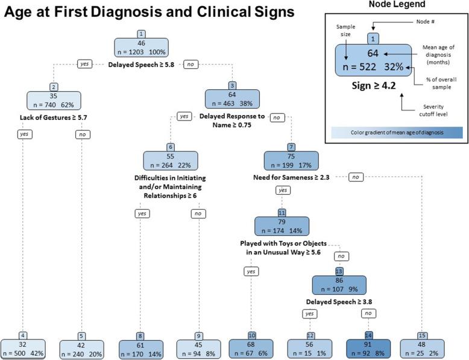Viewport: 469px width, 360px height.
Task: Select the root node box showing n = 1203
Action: coord(142,48)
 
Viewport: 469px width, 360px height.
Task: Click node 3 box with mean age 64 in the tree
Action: coord(232,99)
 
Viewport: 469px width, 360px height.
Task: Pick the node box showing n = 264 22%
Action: coord(171,159)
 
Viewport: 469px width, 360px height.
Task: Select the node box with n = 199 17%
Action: coord(291,159)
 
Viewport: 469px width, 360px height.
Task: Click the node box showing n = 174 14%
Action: coord(282,226)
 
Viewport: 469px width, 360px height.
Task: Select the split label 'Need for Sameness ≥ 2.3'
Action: coord(291,178)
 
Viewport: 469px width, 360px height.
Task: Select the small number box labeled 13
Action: coord(339,271)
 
